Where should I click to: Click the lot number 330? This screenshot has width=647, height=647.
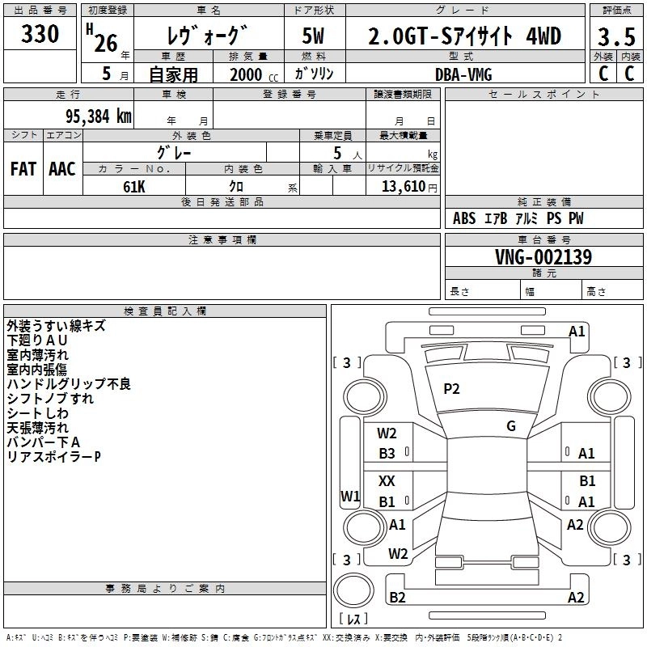click(x=40, y=34)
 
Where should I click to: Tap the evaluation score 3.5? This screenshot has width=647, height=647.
click(x=616, y=37)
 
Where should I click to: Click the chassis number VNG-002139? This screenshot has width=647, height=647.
click(x=543, y=258)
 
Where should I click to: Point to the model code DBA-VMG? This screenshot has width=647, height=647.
click(x=463, y=74)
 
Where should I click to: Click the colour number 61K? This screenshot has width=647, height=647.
click(x=134, y=185)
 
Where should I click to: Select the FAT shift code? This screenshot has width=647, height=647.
click(x=23, y=169)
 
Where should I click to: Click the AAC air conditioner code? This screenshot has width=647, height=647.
click(x=62, y=169)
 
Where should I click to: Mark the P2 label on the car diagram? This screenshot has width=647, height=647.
click(x=451, y=389)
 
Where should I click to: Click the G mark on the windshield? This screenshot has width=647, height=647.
click(x=511, y=426)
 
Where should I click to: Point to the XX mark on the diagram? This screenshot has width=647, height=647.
click(x=387, y=481)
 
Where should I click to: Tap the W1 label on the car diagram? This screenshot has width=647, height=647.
click(x=350, y=496)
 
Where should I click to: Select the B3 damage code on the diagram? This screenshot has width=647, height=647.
click(x=387, y=454)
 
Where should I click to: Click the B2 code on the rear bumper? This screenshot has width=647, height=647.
click(x=397, y=598)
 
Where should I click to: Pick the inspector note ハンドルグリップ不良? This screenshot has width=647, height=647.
click(x=68, y=384)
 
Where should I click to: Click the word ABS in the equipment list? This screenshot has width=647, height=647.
click(x=464, y=218)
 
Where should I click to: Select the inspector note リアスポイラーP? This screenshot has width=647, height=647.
click(x=53, y=457)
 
